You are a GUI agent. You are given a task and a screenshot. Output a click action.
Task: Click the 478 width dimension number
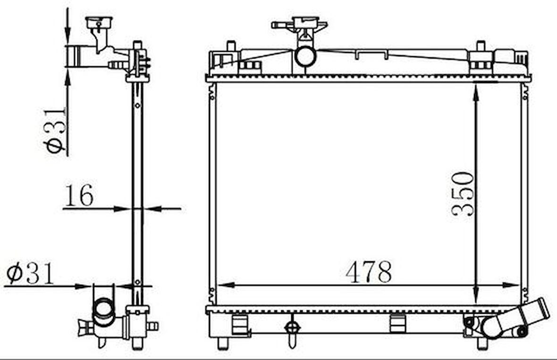369,272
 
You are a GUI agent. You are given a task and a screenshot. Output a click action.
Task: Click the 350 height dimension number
463,194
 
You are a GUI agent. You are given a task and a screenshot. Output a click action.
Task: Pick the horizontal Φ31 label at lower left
31,274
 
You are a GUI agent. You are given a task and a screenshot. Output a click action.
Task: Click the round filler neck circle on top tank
305,57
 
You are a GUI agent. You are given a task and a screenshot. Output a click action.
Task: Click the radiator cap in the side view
99,22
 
